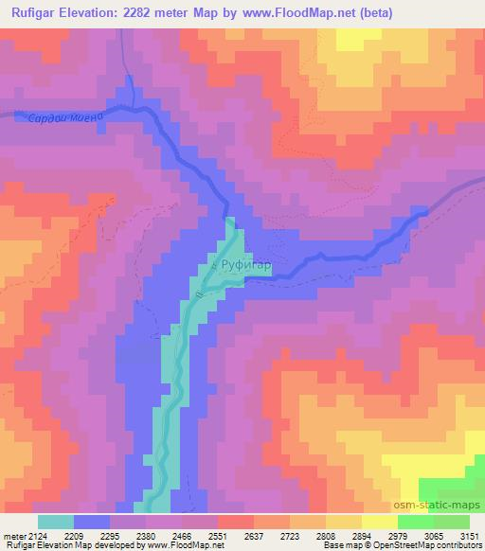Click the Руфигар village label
tap(246, 268)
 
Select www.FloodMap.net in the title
tap(296, 13)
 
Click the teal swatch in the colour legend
tap(56, 522)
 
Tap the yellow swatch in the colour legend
tap(379, 522)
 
